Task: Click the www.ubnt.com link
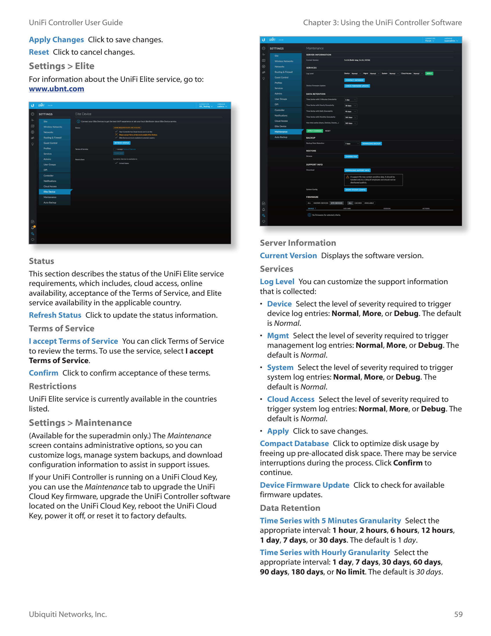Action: point(56,89)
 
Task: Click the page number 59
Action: point(458,614)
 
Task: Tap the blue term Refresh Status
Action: point(55,315)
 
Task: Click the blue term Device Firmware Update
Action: point(304,485)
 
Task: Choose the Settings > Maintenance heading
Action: point(80,423)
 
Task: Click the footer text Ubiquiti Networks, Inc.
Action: point(68,614)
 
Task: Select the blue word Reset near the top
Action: point(39,52)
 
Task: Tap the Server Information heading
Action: point(298,243)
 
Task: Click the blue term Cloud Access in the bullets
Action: point(291,399)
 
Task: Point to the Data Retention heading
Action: point(290,508)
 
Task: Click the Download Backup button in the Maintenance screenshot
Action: point(371,144)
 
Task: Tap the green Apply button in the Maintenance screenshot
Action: point(429,73)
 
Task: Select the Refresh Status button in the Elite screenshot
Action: point(122,143)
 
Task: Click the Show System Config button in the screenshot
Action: point(355,190)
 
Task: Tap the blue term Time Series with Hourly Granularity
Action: point(325,552)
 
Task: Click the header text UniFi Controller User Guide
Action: point(76,23)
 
